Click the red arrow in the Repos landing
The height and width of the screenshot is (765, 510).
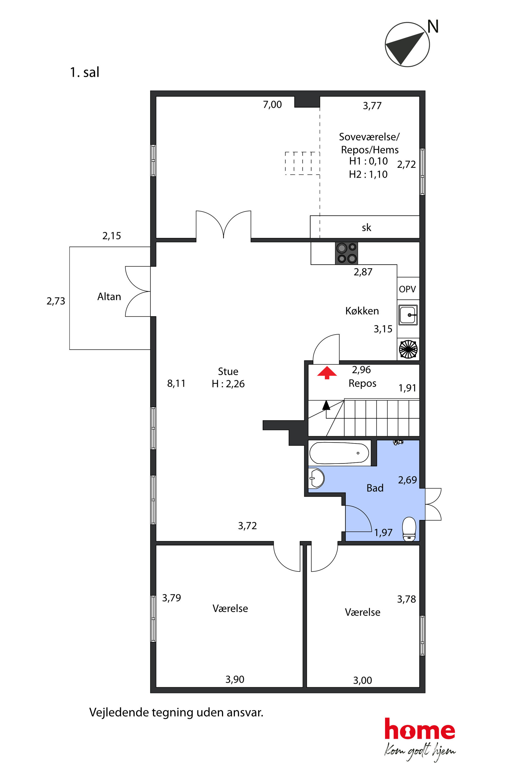pos(327,373)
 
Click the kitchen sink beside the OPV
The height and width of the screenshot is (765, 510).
pos(408,315)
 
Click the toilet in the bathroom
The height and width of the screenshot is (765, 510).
pos(409,530)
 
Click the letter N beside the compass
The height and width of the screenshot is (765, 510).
pos(433,27)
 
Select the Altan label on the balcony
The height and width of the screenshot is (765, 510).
pos(109,297)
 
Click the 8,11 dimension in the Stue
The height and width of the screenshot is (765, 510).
pos(176,384)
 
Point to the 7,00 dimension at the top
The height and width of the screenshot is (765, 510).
pos(272,104)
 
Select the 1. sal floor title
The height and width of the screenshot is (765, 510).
pos(85,72)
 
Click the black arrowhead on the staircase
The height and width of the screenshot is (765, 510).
pos(326,405)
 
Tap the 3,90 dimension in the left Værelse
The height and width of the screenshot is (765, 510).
pos(235,679)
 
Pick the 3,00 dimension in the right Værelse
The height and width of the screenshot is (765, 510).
pos(363,680)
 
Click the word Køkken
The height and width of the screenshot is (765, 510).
pos(362,311)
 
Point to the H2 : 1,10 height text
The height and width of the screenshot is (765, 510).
pos(368,174)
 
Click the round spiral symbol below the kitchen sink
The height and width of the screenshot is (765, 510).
pos(408,349)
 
